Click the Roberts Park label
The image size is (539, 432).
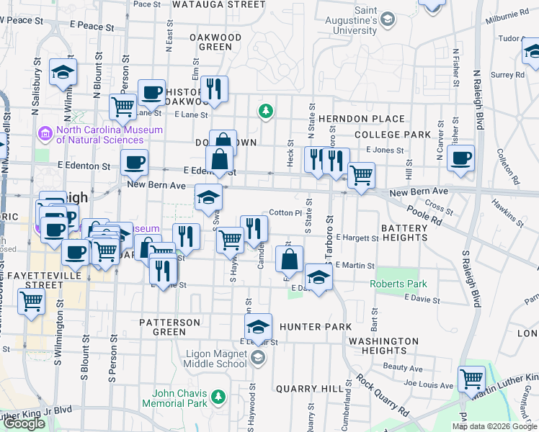(398, 284)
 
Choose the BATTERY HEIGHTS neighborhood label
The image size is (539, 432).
(404, 233)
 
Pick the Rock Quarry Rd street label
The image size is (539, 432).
(381, 396)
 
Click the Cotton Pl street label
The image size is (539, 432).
(285, 213)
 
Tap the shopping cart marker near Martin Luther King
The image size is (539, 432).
(471, 377)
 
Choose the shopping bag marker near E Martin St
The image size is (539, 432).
(289, 258)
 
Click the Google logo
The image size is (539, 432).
(24, 423)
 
